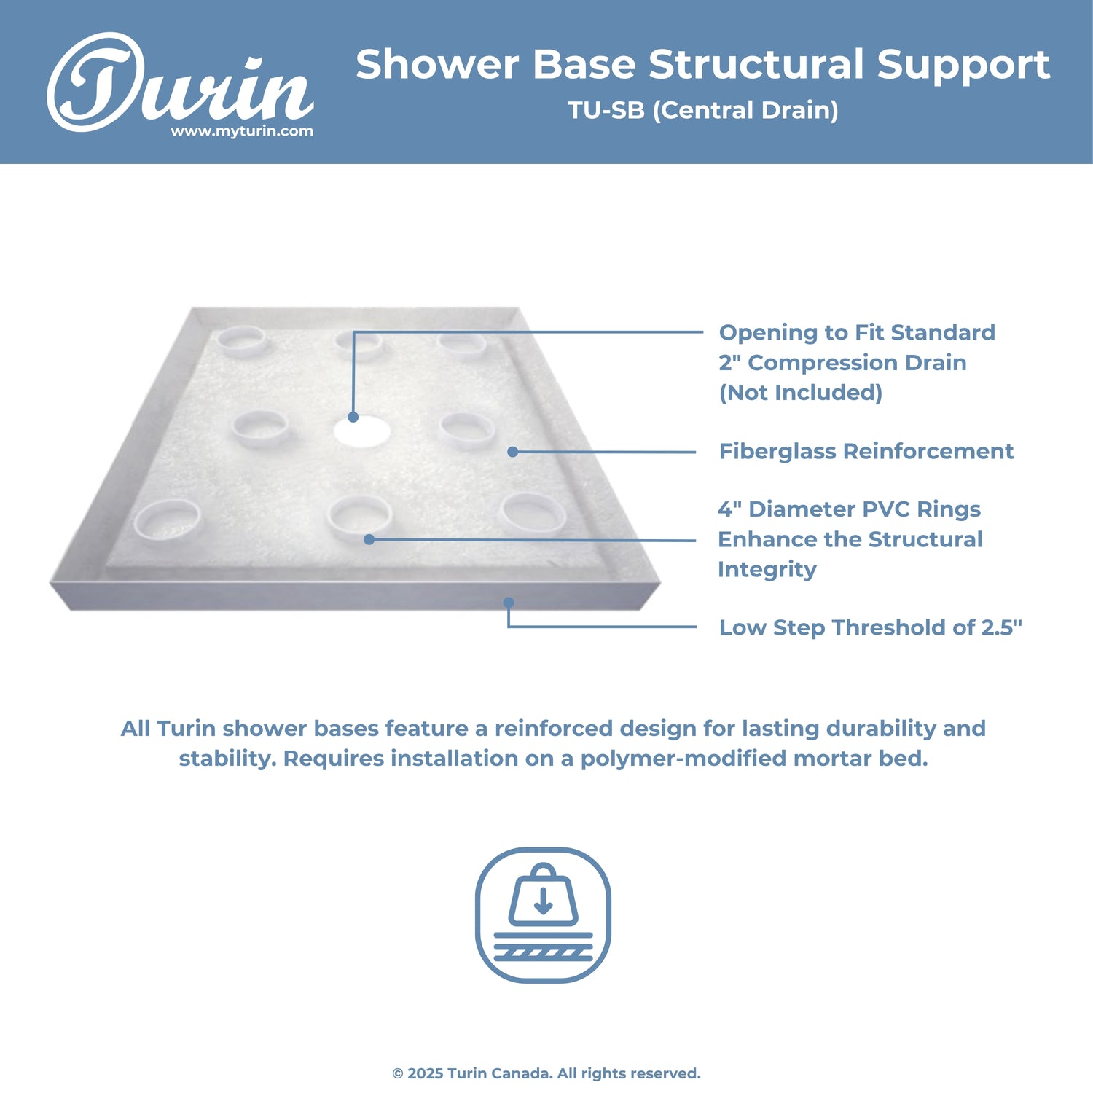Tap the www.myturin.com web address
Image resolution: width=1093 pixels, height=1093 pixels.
tap(242, 132)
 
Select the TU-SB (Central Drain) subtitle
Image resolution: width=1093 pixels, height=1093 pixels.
tap(703, 110)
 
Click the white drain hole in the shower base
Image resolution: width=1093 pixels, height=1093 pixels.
tap(362, 431)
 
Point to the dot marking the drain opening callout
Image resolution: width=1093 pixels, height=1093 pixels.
tap(353, 418)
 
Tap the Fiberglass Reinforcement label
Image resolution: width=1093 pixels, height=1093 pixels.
tap(866, 451)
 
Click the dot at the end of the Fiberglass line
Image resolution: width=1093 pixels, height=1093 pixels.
tap(513, 452)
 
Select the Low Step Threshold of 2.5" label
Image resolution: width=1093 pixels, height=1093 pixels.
tap(870, 627)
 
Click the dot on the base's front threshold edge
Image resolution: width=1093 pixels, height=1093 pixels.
tap(509, 603)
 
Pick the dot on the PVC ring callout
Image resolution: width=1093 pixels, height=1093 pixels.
tap(369, 540)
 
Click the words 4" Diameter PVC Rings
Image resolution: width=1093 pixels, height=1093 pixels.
tap(849, 509)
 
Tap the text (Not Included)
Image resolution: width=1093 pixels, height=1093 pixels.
tap(800, 393)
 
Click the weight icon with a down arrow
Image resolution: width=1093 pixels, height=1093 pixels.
tap(543, 914)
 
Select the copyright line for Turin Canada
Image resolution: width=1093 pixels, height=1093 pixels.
tap(546, 1073)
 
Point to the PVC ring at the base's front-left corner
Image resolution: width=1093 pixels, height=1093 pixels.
tap(168, 518)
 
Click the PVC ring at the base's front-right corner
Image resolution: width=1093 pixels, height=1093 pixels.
tap(533, 512)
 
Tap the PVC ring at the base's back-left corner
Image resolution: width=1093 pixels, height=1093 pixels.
tap(243, 340)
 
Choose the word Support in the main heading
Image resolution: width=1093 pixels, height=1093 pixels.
tap(963, 65)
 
